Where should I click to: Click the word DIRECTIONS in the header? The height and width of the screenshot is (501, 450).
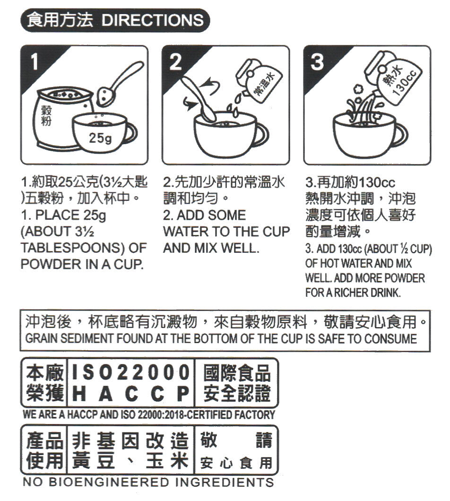[152, 20]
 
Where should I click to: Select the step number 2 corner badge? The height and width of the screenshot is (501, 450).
[175, 61]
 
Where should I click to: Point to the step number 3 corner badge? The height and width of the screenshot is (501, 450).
[318, 61]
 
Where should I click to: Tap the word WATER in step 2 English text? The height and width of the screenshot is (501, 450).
[185, 232]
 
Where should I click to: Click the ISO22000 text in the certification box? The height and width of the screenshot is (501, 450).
[129, 372]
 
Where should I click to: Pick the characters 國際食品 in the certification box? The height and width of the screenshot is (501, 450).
[236, 372]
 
